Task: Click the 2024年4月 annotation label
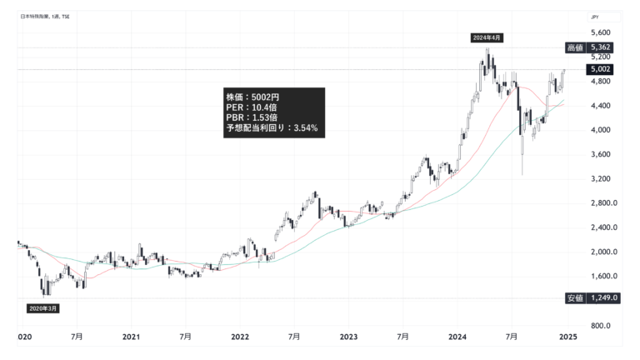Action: pyautogui.click(x=487, y=38)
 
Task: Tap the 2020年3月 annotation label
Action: pyautogui.click(x=43, y=307)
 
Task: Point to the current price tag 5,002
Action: pyautogui.click(x=601, y=69)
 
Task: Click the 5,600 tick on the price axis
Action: pyautogui.click(x=600, y=32)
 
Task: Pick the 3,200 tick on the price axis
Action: pyautogui.click(x=600, y=179)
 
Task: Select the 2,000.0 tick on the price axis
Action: pyautogui.click(x=602, y=252)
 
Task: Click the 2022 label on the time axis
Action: pyautogui.click(x=240, y=337)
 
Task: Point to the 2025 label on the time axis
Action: pyautogui.click(x=567, y=337)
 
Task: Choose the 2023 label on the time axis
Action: pyautogui.click(x=348, y=337)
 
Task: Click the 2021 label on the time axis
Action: pyautogui.click(x=131, y=337)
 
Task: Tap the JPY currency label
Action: pyautogui.click(x=594, y=16)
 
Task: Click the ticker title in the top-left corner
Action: pyautogui.click(x=47, y=16)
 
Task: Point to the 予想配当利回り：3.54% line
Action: pyautogui.click(x=271, y=129)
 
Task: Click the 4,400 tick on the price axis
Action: pyautogui.click(x=600, y=106)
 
